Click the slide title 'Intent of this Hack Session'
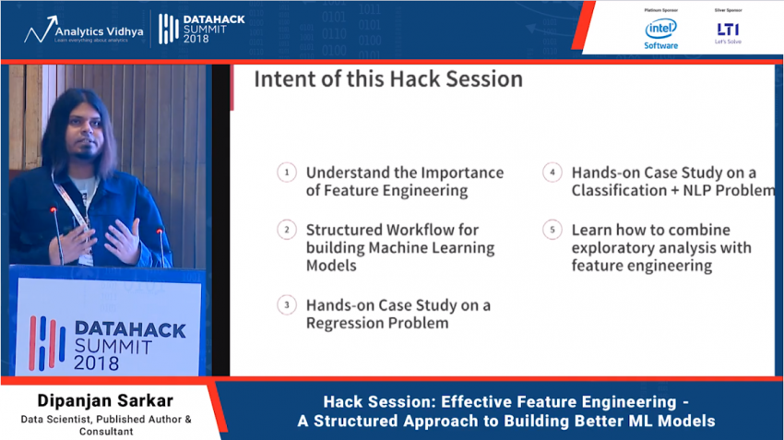(x=387, y=79)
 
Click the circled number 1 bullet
(x=287, y=172)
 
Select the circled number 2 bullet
(x=287, y=230)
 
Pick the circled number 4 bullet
(x=552, y=172)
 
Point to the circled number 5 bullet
(x=552, y=230)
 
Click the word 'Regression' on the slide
(x=346, y=324)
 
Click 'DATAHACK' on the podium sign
(x=128, y=329)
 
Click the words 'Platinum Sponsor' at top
(x=660, y=9)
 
